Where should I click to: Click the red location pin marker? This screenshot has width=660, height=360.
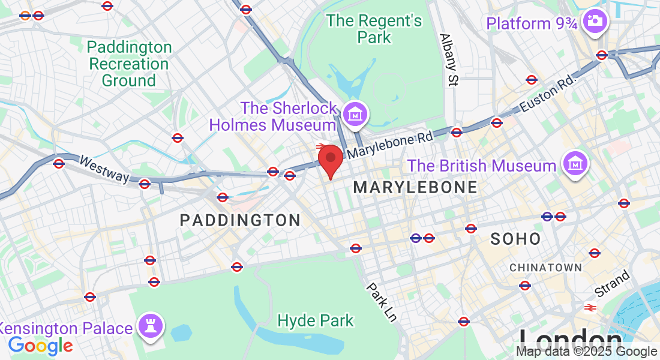pyautogui.click(x=330, y=159)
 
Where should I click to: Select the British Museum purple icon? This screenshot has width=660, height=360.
pyautogui.click(x=575, y=163)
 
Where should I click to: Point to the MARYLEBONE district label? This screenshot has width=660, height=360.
pyautogui.click(x=415, y=187)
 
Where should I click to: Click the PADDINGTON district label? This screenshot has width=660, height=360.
pyautogui.click(x=240, y=221)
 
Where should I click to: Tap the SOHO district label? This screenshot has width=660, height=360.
pyautogui.click(x=515, y=239)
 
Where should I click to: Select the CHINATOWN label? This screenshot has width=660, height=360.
pyautogui.click(x=545, y=267)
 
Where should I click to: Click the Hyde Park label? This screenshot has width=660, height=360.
pyautogui.click(x=316, y=321)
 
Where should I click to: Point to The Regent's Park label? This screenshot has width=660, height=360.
pyautogui.click(x=374, y=29)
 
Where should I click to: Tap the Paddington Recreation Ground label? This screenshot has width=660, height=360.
pyautogui.click(x=130, y=64)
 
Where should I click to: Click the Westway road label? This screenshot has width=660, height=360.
pyautogui.click(x=104, y=169)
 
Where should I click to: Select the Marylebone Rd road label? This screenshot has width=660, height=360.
pyautogui.click(x=390, y=145)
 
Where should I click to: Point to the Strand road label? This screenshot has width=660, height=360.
pyautogui.click(x=613, y=284)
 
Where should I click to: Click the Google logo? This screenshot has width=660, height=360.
pyautogui.click(x=40, y=346)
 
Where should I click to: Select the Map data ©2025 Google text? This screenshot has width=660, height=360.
pyautogui.click(x=587, y=352)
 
